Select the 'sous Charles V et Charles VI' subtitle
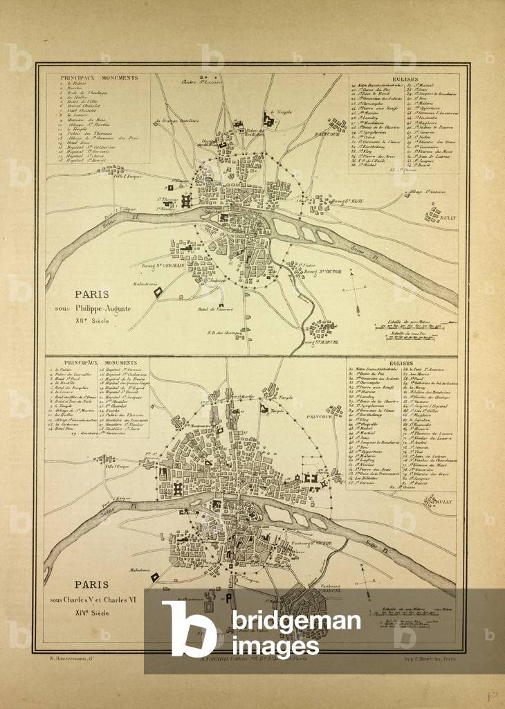(94, 600)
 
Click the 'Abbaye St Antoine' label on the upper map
(426, 191)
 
